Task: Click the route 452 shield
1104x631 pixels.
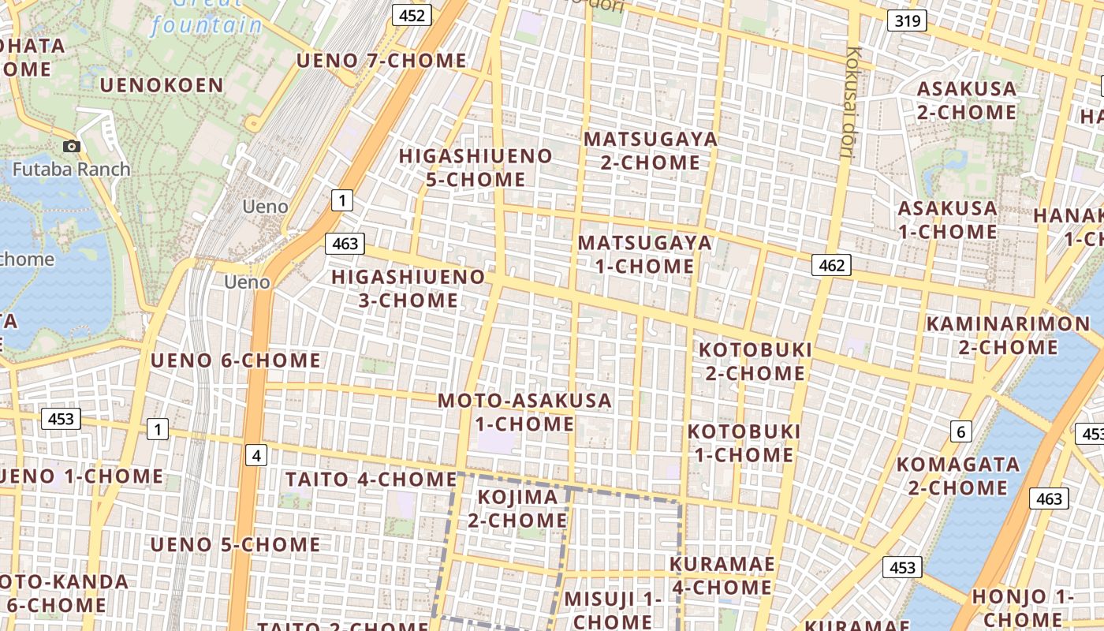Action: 412,15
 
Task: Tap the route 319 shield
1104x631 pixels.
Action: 907,21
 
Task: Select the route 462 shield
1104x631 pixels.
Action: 831,266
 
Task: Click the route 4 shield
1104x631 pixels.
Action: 256,455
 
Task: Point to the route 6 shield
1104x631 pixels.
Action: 960,431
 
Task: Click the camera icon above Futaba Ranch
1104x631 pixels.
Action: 72,146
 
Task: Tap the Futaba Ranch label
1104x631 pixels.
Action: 72,169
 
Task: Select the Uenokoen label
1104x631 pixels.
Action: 162,85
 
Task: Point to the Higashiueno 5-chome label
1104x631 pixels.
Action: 476,167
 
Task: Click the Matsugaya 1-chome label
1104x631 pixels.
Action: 645,254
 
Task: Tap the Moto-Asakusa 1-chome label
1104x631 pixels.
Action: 524,412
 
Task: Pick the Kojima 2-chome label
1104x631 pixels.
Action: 517,509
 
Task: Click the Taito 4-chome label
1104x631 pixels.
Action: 371,479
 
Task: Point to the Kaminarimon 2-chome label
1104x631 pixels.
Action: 1008,335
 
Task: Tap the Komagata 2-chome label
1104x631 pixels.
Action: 958,476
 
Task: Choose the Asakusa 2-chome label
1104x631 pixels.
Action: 967,100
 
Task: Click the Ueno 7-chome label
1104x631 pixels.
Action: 381,61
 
